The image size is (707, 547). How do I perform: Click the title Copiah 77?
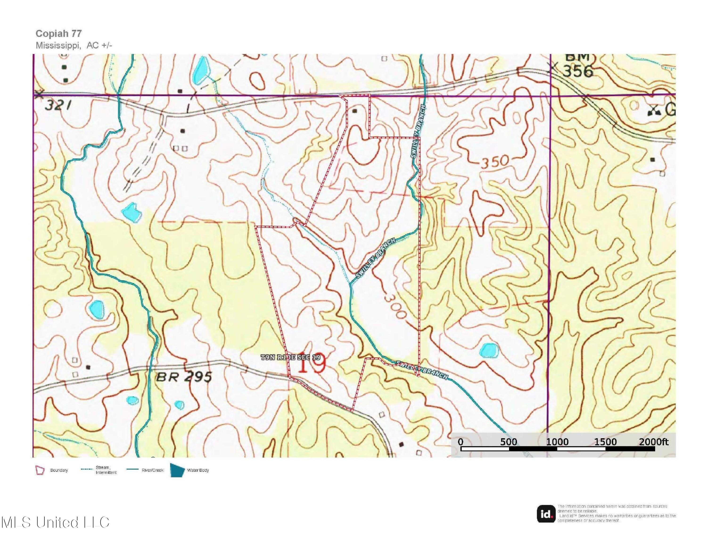59,33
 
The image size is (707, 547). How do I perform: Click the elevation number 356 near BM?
578,71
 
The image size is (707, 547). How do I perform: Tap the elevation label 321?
58,105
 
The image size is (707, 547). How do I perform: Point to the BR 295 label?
184,377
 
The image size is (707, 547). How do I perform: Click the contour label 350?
494,161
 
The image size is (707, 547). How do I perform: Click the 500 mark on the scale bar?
508,442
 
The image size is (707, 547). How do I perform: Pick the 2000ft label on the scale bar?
653,442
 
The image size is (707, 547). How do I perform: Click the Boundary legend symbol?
40,470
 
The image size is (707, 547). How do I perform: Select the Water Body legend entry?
198,470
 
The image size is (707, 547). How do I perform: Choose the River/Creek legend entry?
152,470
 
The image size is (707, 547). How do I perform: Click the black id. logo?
546,514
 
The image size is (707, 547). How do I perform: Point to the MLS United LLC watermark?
55,522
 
